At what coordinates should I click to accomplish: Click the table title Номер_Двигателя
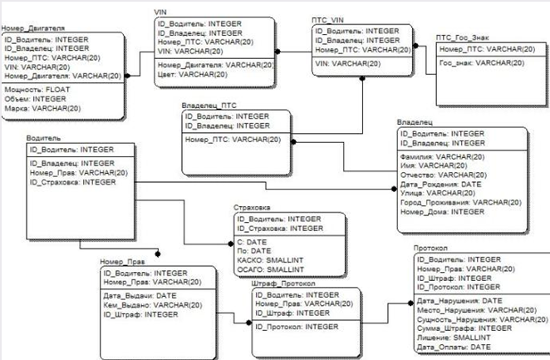[34, 28]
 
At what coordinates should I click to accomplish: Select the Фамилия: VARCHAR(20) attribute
[441, 156]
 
